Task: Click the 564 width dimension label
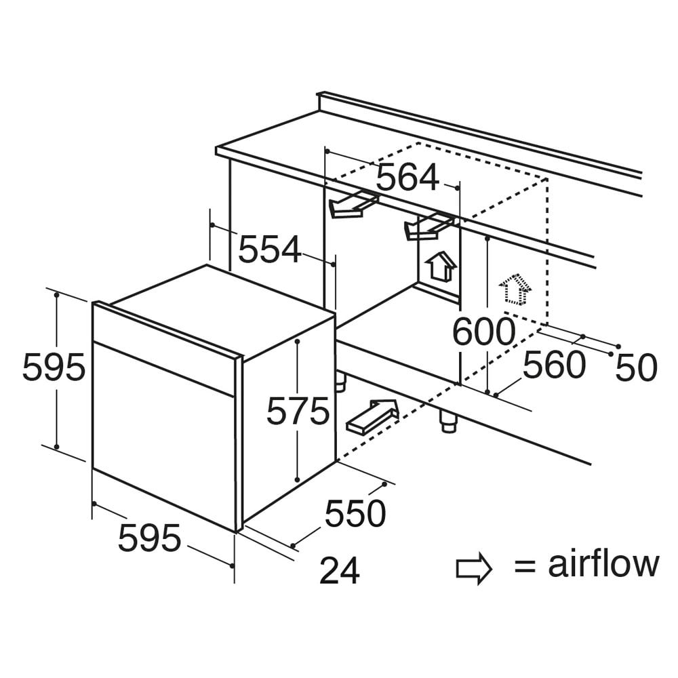pos(407,177)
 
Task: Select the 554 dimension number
pos(269,249)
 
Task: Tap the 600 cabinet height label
pos(484,332)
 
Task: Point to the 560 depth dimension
pos(555,365)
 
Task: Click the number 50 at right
pos(636,368)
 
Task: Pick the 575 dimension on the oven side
pos(298,411)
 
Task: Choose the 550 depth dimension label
pos(355,513)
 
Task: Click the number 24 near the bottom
pos(340,571)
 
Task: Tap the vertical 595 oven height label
pos(54,367)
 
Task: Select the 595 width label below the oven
pos(149,538)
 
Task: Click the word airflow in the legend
pos(603,563)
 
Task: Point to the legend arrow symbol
pos(474,568)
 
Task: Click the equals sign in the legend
pos(525,566)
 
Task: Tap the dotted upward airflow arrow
pos(515,289)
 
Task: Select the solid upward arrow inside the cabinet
pos(441,266)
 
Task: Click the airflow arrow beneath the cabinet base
pos(372,416)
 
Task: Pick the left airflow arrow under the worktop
pos(353,205)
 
